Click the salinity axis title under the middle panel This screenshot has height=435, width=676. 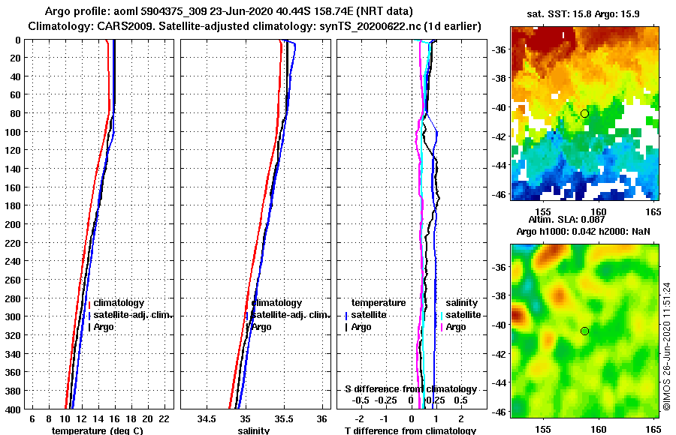[x=253, y=430]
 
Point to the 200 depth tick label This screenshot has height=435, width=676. [x=11, y=224]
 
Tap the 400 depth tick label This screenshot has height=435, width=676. [x=11, y=409]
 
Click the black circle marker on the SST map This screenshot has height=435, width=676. [x=584, y=113]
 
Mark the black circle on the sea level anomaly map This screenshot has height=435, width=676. [x=584, y=331]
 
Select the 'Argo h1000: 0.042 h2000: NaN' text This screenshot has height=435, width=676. [x=585, y=231]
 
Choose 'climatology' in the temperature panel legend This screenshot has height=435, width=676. [x=119, y=303]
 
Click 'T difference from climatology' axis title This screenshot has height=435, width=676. [x=410, y=430]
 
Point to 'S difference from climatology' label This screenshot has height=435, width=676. [x=410, y=388]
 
